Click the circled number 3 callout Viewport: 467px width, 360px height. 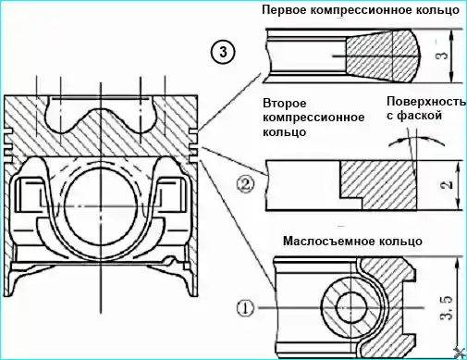point(223,52)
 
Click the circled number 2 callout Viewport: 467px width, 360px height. point(245,184)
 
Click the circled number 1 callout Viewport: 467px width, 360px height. point(246,308)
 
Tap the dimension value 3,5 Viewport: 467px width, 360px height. point(448,307)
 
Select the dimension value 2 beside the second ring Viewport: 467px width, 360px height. point(448,184)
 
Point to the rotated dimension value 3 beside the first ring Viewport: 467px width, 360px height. point(443,56)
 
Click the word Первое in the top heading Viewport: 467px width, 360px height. point(283,10)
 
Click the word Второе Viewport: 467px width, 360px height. point(285,104)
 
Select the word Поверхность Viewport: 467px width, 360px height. point(426,102)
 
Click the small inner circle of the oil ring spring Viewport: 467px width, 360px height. point(351,307)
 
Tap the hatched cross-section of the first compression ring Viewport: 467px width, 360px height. point(382,56)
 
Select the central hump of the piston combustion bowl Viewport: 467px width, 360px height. point(101,118)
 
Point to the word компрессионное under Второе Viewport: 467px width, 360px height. point(313,118)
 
